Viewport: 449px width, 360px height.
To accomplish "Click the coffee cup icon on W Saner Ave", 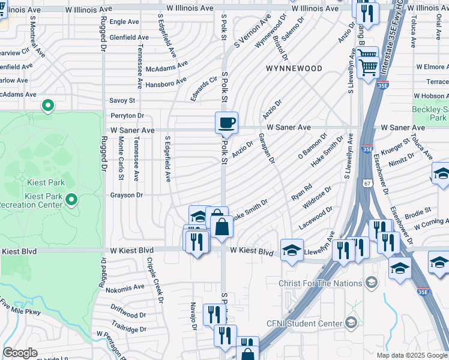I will (x=226, y=123).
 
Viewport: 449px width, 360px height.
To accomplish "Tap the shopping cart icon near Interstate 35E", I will (x=367, y=62).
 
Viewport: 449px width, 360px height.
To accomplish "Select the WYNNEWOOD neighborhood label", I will (x=294, y=68).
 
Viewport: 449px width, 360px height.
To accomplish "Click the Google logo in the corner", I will (x=20, y=352).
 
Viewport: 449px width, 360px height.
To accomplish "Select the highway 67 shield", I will (x=366, y=182).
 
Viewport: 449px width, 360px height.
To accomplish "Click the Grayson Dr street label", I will (x=126, y=195).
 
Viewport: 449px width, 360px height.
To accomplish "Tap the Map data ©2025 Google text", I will (x=412, y=355).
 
